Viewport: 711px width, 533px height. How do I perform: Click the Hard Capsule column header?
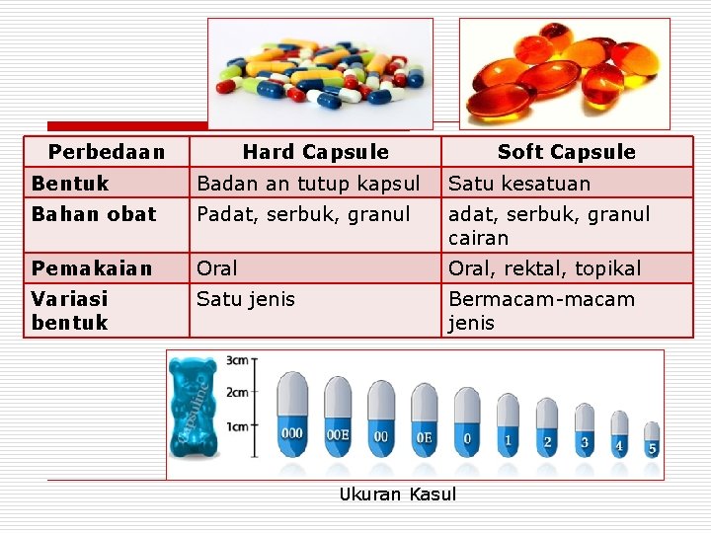coord(315,152)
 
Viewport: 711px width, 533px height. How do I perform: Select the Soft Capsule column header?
coord(566,152)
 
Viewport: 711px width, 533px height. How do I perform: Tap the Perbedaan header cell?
coord(106,152)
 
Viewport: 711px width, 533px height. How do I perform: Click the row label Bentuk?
coord(70,184)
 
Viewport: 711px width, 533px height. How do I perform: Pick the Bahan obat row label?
coord(94,214)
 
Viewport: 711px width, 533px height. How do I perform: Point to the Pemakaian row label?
coord(92,268)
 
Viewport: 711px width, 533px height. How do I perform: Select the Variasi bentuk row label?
coord(70,310)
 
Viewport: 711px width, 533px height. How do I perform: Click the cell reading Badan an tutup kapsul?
coord(308,184)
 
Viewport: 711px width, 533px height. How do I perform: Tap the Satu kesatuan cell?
coord(519,184)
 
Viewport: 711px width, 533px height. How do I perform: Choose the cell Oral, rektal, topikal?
coord(544,268)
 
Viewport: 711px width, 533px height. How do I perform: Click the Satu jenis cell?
coord(246,299)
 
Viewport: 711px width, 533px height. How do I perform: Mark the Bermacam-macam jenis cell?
coord(541,310)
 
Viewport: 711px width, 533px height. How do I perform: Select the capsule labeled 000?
coord(292,415)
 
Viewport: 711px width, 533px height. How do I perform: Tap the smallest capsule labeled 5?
coord(652,438)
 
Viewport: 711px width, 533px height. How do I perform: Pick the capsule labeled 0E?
coord(424,421)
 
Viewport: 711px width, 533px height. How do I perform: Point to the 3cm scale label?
coord(237,360)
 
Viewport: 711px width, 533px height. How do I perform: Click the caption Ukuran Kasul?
coord(398,495)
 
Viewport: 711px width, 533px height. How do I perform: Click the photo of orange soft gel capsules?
coord(564,73)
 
